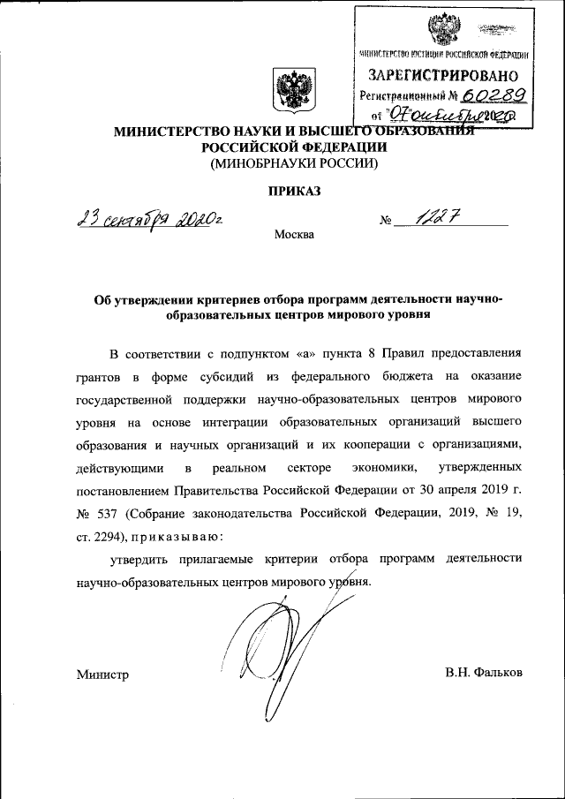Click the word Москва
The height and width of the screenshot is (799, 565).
click(293, 235)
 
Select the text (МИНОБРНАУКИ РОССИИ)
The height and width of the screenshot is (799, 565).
click(292, 164)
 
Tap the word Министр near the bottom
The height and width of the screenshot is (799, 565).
click(102, 675)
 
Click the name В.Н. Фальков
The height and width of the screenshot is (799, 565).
click(485, 673)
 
